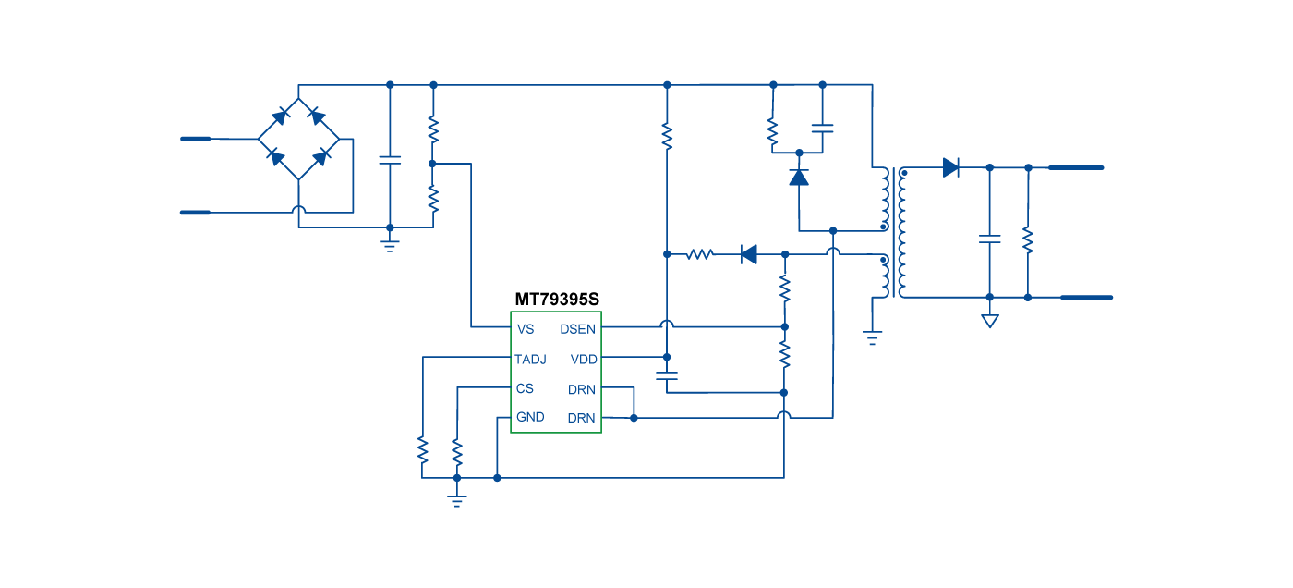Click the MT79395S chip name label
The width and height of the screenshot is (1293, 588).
click(x=557, y=300)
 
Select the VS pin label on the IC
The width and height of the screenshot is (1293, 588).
click(x=526, y=329)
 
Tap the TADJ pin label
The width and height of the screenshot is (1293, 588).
click(x=530, y=359)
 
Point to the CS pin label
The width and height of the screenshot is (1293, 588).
click(x=525, y=388)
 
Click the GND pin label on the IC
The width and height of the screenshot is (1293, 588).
click(x=530, y=417)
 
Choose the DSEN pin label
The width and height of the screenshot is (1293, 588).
click(x=578, y=329)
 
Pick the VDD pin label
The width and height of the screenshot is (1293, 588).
click(x=584, y=359)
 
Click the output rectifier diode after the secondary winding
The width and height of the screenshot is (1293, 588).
click(x=950, y=167)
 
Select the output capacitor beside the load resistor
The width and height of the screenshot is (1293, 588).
click(x=989, y=239)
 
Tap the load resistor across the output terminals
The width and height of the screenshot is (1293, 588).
click(x=1028, y=240)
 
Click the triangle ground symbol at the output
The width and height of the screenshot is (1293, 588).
click(x=989, y=321)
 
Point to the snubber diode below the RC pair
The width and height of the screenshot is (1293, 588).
click(x=799, y=176)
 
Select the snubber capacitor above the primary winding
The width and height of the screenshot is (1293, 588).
click(x=822, y=129)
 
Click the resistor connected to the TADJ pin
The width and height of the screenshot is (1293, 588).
click(x=422, y=450)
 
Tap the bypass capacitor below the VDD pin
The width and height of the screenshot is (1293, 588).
click(x=666, y=375)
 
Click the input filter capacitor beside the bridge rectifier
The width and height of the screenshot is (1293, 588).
click(x=390, y=160)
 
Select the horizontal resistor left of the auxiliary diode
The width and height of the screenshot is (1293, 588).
click(x=699, y=253)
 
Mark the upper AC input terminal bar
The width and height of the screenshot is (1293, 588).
click(x=196, y=139)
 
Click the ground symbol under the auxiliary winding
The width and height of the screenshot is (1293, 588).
click(x=872, y=337)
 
